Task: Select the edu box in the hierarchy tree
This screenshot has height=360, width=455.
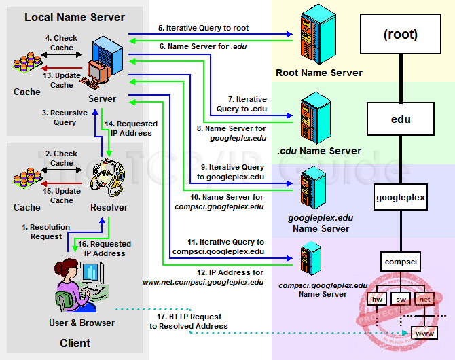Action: [x=401, y=120]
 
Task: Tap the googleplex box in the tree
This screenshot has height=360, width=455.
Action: [x=401, y=198]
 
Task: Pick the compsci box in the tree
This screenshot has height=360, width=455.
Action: [x=401, y=261]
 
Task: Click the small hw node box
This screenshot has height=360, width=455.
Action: [x=376, y=298]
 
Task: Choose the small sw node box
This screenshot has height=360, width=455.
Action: [x=401, y=298]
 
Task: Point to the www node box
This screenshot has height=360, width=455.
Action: [x=425, y=333]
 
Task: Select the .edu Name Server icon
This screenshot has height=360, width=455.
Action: [x=310, y=118]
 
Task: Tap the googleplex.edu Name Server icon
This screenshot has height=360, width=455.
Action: [x=311, y=187]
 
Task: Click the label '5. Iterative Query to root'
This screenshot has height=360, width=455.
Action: [x=204, y=29]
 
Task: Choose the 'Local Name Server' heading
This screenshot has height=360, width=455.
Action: [x=75, y=17]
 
